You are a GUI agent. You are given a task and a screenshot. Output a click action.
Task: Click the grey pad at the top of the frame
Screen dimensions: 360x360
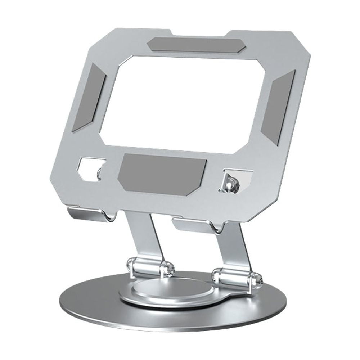coord(196,45)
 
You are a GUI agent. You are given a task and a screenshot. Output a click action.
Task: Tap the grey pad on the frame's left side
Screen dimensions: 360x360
coord(89,97)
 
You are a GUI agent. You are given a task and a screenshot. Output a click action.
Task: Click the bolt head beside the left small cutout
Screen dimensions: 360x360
coord(100,173)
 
